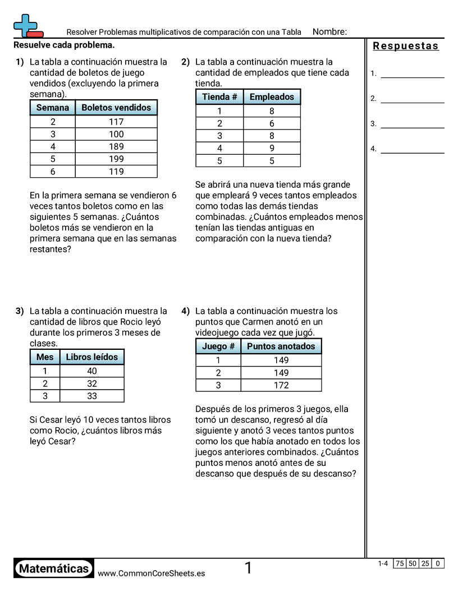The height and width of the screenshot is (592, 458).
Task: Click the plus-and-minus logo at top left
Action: pos(27,26)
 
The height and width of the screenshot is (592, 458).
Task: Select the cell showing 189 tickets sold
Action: pos(116,147)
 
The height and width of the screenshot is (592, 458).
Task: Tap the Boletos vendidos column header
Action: pos(116,108)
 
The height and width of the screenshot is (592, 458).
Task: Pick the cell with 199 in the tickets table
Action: pos(116,159)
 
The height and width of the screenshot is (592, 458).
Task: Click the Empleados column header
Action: pos(272,97)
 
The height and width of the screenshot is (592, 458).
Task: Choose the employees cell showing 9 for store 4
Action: pos(272,149)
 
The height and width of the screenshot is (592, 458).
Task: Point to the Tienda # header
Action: pos(219,97)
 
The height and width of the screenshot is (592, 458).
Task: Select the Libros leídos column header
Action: pos(92,357)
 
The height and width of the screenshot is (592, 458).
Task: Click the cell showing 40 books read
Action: pos(92,371)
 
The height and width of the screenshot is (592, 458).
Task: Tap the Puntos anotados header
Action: pos(281,346)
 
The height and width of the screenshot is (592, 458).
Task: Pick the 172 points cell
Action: pos(281,385)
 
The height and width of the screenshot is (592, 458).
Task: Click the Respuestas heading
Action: pos(406,46)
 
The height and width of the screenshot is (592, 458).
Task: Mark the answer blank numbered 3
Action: pos(412,124)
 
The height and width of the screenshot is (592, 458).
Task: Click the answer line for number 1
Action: pos(412,73)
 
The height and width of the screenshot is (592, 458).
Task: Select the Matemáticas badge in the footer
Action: pos(54,569)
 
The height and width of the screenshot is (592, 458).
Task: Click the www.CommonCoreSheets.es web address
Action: pos(151,573)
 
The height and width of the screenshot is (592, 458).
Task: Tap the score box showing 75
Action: pos(400,563)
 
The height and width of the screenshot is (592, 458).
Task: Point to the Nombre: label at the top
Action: pos(329,32)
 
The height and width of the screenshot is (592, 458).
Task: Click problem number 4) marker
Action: pos(186,311)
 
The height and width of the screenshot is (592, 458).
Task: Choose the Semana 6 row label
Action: pos(53,172)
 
